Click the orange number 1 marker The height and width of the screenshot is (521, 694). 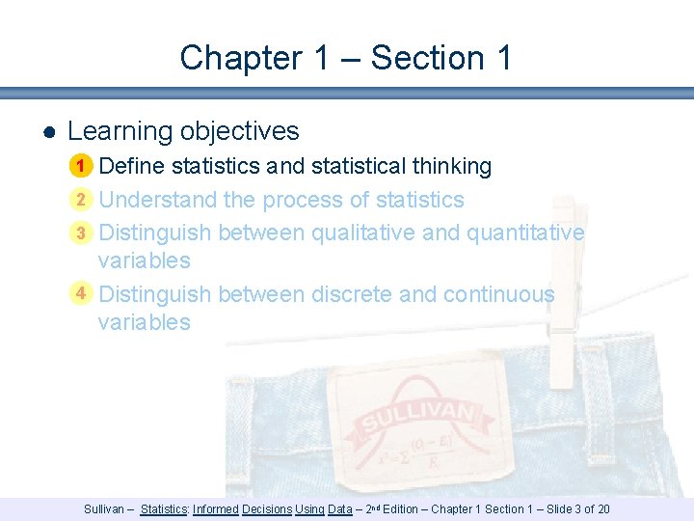pos(82,167)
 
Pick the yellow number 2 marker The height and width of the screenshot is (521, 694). pos(82,200)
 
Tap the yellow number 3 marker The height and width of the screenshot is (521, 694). pos(82,233)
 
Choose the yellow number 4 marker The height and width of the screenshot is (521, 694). pos(82,293)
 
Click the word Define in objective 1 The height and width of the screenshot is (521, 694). pos(132,166)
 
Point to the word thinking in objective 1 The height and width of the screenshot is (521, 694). pos(451,166)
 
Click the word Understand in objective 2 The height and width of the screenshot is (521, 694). pos(157,200)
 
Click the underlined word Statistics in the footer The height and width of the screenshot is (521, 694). pos(164,509)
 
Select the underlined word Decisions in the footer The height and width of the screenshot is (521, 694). pos(266,509)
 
